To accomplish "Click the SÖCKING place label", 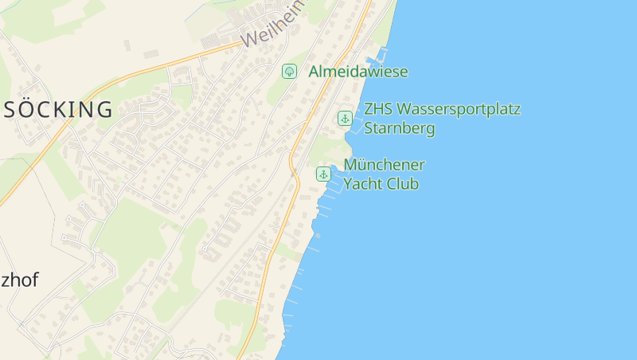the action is (58, 110).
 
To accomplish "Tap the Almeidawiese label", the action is (358, 72).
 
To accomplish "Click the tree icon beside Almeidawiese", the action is (290, 72).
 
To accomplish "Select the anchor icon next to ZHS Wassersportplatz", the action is (345, 118).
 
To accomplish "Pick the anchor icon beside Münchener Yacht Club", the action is (323, 174).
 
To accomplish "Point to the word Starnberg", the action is (399, 128).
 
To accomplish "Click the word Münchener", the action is (384, 165).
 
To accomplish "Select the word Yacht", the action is (364, 184).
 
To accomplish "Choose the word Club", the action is (404, 184).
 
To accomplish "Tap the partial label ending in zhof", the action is (19, 280).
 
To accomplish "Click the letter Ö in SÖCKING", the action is (27, 110).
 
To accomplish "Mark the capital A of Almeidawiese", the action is (314, 72).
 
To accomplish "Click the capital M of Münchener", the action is (350, 165).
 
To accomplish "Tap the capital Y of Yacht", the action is (349, 184).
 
